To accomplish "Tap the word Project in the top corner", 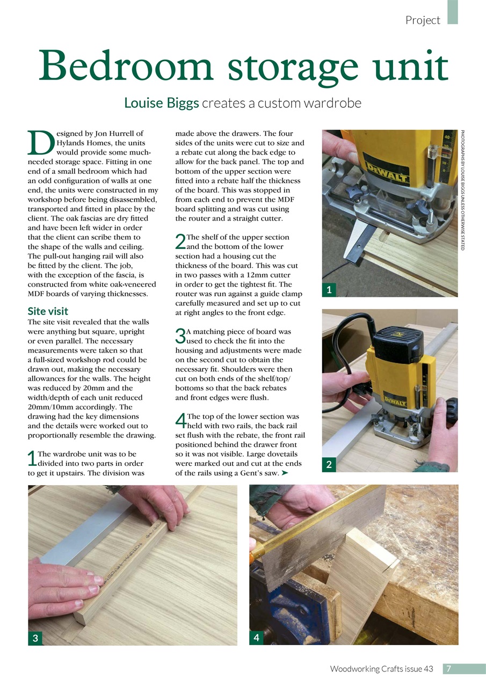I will tap(423, 20).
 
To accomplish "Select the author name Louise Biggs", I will tap(162, 103).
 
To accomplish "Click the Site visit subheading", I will tap(47, 311).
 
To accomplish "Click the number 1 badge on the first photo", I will tap(329, 290).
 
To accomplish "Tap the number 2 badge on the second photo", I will tap(329, 465).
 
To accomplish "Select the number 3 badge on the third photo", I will tap(35, 638).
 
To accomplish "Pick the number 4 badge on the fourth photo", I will tap(256, 638).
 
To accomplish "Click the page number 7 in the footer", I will tap(449, 668).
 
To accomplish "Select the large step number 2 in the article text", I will tap(180, 243).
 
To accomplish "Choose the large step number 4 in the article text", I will tap(180, 422).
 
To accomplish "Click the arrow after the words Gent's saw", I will tap(285, 473).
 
